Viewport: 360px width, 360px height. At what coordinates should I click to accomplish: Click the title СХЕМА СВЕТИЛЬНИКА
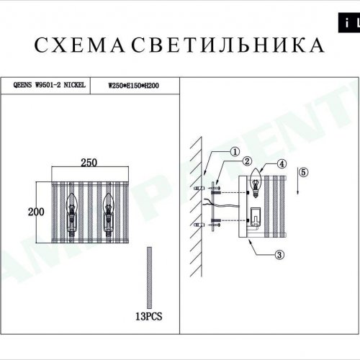[179, 45]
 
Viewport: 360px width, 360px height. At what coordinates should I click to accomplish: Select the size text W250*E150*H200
[133, 85]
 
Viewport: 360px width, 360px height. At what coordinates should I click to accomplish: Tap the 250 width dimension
[89, 162]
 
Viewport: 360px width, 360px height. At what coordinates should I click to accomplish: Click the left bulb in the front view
[72, 210]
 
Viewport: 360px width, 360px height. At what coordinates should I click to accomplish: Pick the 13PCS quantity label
[150, 315]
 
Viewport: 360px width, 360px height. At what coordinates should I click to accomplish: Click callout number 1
[234, 152]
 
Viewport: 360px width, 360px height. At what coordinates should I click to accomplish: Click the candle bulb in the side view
[254, 186]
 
